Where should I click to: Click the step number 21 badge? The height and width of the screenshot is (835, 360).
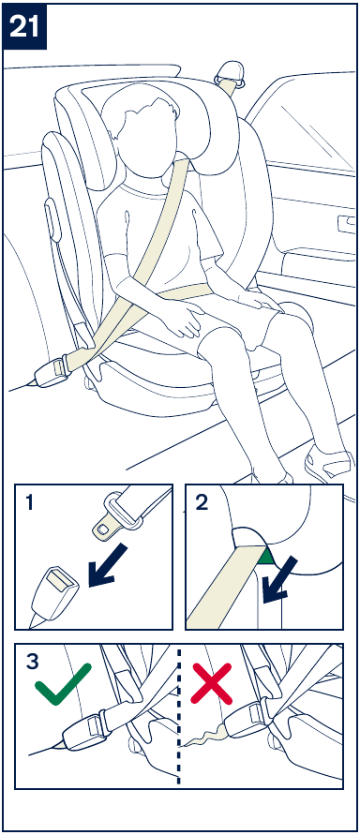pos(24,25)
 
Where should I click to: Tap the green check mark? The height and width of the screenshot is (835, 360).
pos(63,684)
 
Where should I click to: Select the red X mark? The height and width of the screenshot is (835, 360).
pos(213,683)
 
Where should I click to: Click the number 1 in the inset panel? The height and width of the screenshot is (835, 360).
pos(29,502)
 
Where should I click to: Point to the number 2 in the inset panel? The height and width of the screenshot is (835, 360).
pos(202,502)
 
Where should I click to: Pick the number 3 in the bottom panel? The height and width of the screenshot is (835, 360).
pos(32,662)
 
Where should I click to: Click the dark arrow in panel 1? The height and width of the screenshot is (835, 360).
pos(108,566)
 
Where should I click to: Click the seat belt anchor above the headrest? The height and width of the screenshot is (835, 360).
pos(229,75)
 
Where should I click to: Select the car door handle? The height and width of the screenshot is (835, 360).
pos(346,224)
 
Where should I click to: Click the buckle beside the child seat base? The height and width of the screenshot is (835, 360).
pos(51,370)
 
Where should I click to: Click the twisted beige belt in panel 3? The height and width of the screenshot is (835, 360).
pos(206,737)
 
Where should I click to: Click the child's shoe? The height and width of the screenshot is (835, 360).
pos(327,463)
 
